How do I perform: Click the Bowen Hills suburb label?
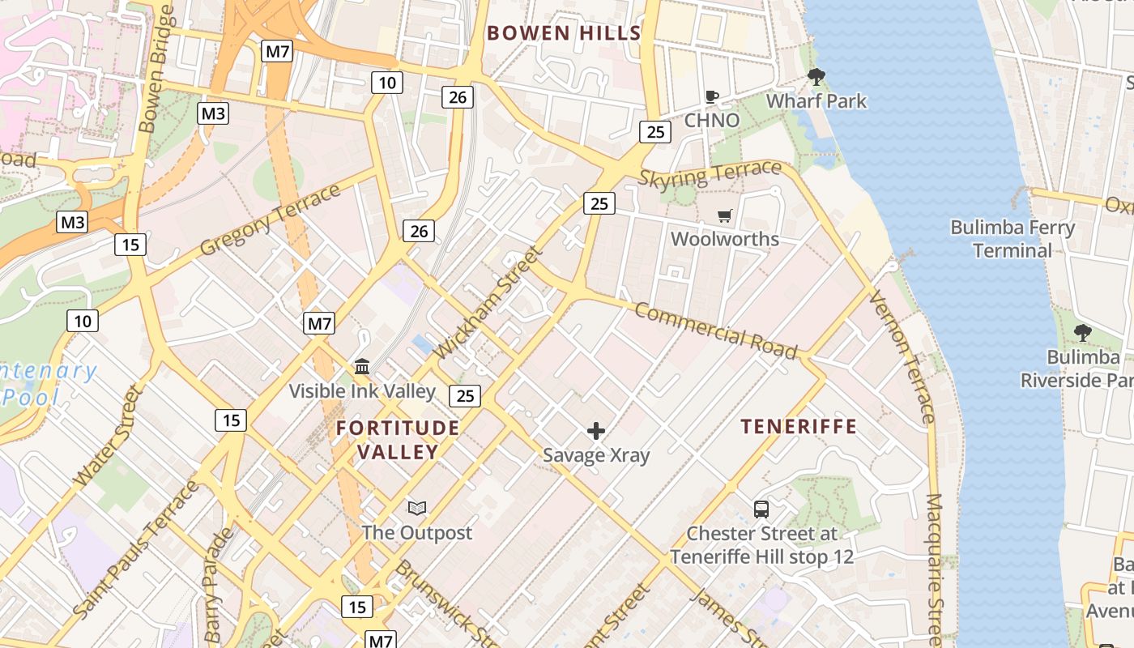click(x=564, y=33)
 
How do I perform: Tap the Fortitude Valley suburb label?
click(x=398, y=440)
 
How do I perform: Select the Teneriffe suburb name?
click(x=799, y=427)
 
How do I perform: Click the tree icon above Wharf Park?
click(x=816, y=78)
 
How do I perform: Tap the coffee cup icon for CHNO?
click(x=711, y=97)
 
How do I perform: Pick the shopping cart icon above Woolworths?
click(x=725, y=216)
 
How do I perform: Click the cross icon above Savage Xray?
click(x=596, y=431)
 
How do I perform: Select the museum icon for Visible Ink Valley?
click(x=362, y=367)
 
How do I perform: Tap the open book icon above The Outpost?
click(x=417, y=509)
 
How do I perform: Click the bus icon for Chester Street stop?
click(x=761, y=509)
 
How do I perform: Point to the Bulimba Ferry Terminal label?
click(x=1012, y=239)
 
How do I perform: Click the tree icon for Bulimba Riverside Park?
click(x=1081, y=333)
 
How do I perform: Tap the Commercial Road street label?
click(x=715, y=330)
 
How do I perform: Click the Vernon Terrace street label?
click(x=902, y=357)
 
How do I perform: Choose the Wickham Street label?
click(x=488, y=303)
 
